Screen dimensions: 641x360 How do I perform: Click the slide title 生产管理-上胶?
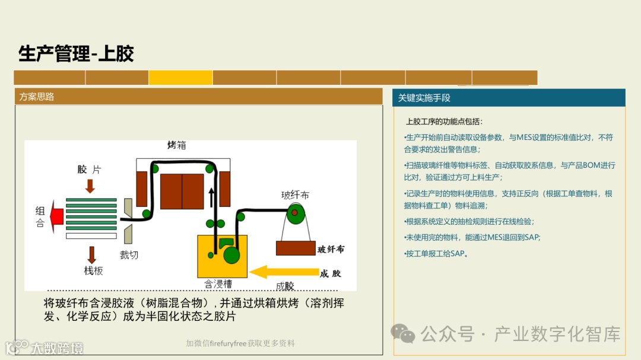tap(76, 53)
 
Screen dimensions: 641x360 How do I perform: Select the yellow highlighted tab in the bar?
tap(180, 78)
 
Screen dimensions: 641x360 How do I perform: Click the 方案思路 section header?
tap(37, 97)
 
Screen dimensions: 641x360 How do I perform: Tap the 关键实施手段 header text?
tap(424, 98)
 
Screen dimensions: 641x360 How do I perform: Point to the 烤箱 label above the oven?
tap(176, 145)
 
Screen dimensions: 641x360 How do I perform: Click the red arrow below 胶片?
tap(90, 186)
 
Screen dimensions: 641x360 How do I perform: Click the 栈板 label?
tap(93, 270)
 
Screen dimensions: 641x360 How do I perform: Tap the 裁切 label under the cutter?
tap(129, 255)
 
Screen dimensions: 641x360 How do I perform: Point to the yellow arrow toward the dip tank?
tap(283, 272)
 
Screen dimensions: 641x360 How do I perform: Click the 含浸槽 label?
tap(218, 284)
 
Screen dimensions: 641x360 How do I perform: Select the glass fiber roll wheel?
tap(294, 212)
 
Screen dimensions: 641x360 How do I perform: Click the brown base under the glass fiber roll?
tap(295, 248)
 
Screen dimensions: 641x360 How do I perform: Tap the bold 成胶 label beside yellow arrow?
tap(331, 273)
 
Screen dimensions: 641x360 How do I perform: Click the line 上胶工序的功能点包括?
tap(445, 122)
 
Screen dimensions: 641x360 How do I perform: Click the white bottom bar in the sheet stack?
tap(91, 235)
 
